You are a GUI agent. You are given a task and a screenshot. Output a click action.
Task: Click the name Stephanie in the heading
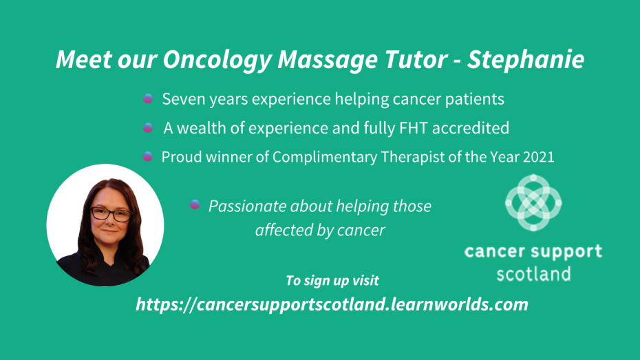tap(526, 60)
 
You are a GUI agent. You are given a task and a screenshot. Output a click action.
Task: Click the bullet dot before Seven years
tap(148, 98)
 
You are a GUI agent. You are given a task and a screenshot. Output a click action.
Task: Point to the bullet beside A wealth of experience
tap(148, 128)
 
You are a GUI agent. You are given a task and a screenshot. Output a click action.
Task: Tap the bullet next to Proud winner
tap(148, 156)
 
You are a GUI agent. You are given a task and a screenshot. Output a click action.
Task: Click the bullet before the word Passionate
tap(195, 204)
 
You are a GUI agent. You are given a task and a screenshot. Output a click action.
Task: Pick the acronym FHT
tap(414, 128)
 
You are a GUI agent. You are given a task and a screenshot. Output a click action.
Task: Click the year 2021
tap(538, 157)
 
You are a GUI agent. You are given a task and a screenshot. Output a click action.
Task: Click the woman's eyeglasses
tap(111, 214)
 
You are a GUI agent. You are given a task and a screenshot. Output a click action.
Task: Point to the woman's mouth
tap(109, 231)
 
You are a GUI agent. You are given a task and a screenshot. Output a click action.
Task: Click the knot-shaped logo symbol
tap(533, 202)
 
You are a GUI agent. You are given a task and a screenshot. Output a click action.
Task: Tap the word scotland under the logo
tap(533, 274)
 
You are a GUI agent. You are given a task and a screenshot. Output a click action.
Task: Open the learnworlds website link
tap(332, 304)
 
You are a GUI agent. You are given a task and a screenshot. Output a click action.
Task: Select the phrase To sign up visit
tap(332, 281)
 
